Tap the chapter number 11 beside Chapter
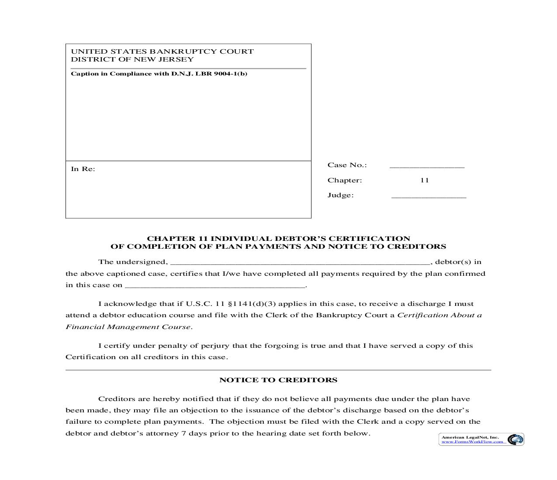coord(424,180)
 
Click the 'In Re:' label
coord(83,169)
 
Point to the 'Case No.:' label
coord(347,165)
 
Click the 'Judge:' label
coord(340,195)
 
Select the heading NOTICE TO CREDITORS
coord(278,380)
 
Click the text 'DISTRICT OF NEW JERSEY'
coord(132,59)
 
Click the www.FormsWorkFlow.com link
coord(472,442)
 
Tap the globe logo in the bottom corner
coord(515,439)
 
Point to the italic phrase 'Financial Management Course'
coord(128,327)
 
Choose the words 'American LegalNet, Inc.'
coord(470,437)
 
